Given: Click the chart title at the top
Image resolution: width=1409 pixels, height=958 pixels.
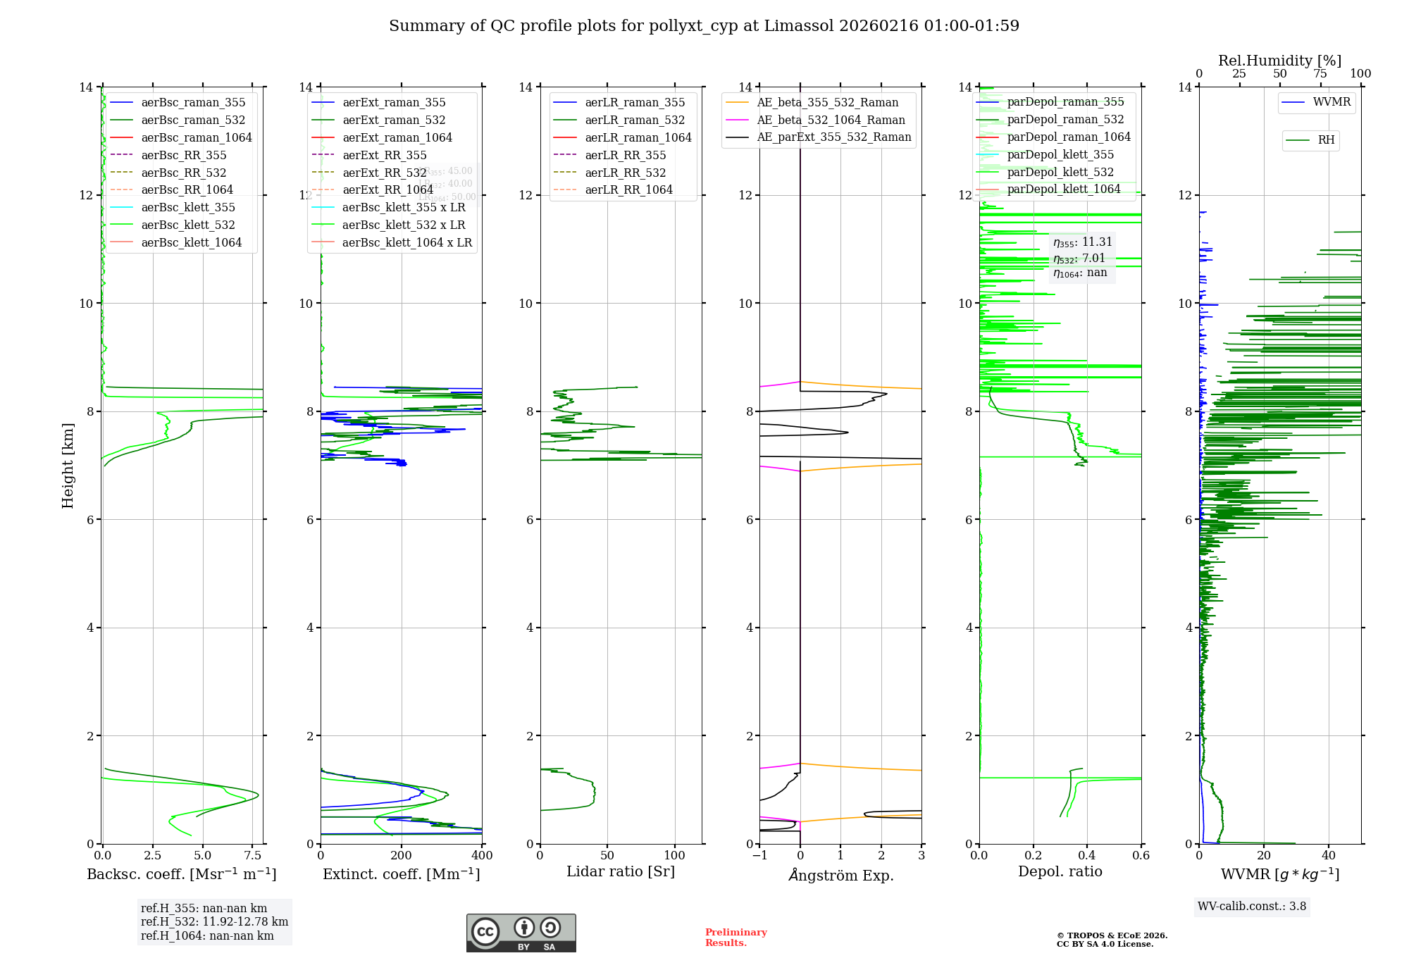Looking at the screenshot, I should (704, 26).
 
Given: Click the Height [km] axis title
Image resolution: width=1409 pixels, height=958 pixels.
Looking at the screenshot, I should (68, 465).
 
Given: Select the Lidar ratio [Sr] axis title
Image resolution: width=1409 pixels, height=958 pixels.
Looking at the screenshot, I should (621, 871).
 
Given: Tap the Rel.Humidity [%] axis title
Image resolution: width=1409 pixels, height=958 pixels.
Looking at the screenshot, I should (1279, 61).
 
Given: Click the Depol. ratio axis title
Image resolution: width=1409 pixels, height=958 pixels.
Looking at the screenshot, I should (1060, 871).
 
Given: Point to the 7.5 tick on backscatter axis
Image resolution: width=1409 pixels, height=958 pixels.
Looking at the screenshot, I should (253, 856).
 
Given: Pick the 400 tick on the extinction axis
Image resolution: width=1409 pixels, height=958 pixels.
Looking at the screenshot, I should (482, 856).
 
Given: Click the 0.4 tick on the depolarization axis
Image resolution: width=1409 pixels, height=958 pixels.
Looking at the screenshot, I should (1087, 856).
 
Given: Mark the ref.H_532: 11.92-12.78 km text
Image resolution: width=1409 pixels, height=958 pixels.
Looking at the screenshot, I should (214, 921).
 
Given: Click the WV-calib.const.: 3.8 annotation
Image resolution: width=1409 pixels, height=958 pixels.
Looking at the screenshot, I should (1252, 907).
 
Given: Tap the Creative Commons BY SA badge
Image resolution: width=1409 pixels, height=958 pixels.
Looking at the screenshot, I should (521, 933).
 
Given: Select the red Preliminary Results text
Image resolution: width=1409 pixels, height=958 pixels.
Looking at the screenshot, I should (735, 938).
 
